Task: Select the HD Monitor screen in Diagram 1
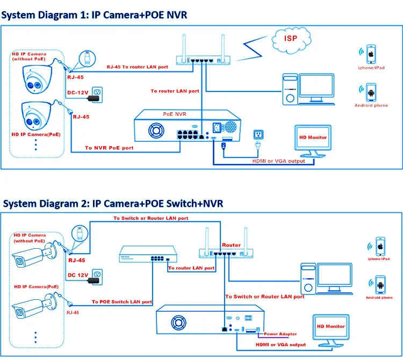pyautogui.click(x=313, y=139)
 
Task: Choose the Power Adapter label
pyautogui.click(x=280, y=334)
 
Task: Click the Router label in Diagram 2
pyautogui.click(x=232, y=245)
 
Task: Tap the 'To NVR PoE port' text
pyautogui.click(x=109, y=147)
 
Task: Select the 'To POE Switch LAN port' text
pyautogui.click(x=121, y=301)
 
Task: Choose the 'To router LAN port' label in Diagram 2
pyautogui.click(x=192, y=267)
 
